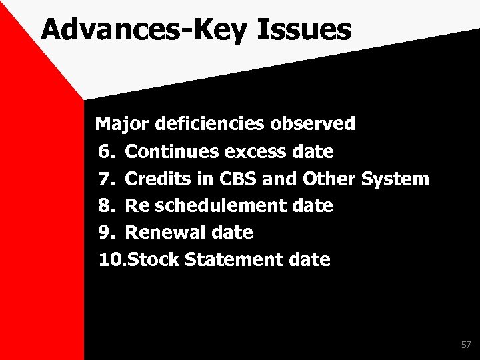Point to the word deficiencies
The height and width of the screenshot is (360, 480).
coord(211,124)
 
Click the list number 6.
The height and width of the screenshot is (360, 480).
coord(107,151)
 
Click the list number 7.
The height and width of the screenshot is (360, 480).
coord(107,179)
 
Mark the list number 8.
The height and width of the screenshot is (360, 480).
coord(107,206)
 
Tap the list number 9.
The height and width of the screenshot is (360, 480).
coord(107,233)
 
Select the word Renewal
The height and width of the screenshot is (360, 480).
coord(166,233)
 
